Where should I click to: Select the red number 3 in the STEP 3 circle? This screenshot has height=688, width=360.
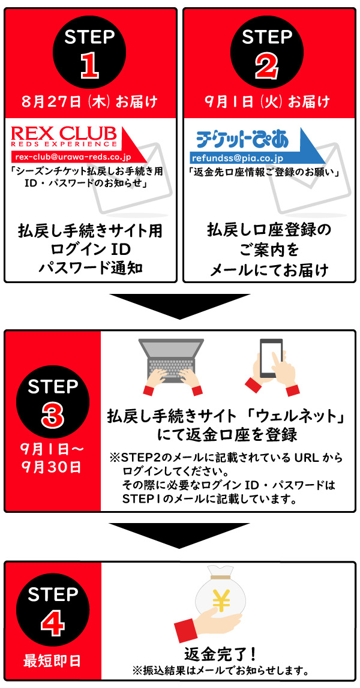click(x=53, y=414)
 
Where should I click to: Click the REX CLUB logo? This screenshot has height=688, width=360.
click(x=64, y=137)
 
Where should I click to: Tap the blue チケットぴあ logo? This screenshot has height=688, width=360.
click(x=242, y=140)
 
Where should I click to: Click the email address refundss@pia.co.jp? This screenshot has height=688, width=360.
click(x=237, y=158)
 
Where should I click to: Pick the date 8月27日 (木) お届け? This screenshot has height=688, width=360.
click(x=89, y=103)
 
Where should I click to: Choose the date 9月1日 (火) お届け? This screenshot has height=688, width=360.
click(x=268, y=103)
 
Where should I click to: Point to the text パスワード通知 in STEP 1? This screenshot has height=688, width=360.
click(x=91, y=268)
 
